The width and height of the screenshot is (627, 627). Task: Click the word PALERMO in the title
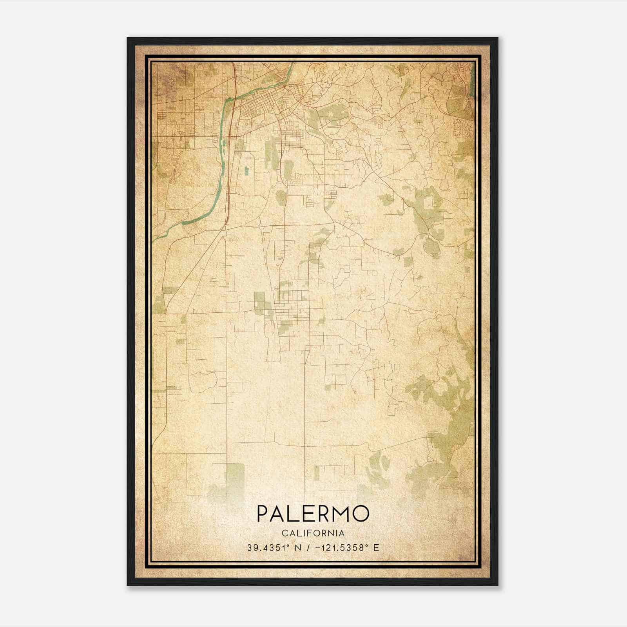[x=313, y=514]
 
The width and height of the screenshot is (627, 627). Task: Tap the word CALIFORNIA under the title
[x=313, y=533]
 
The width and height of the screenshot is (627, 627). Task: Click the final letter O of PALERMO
[x=361, y=514]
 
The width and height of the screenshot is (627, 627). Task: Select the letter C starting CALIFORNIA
[x=284, y=533]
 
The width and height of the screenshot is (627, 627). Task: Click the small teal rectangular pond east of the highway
[x=246, y=171]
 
